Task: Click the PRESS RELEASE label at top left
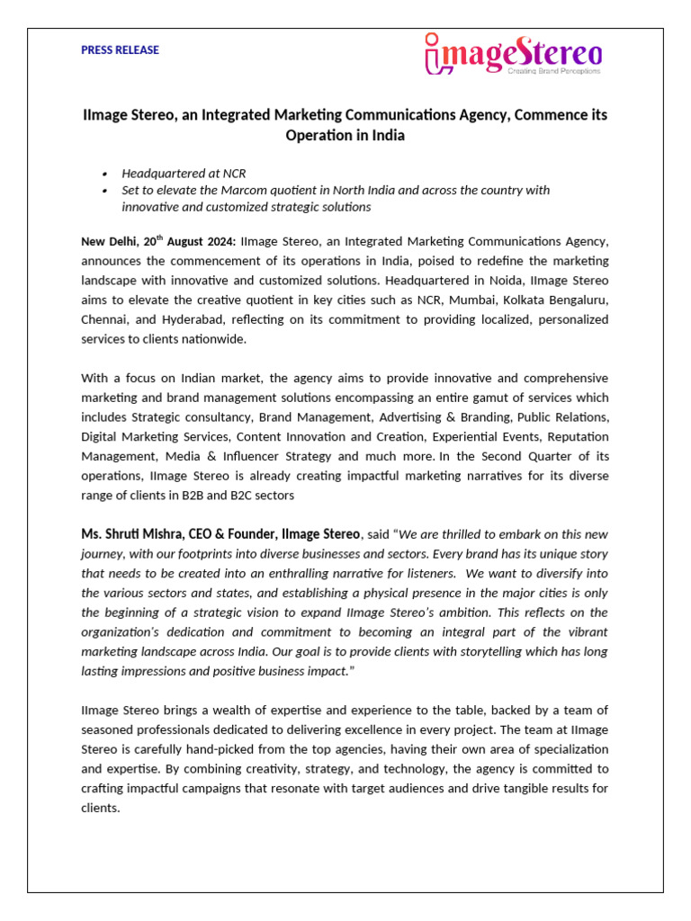pos(120,50)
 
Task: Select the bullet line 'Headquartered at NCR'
pos(184,173)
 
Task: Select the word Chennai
pos(104,320)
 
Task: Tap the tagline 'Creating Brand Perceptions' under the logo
pos(554,69)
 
